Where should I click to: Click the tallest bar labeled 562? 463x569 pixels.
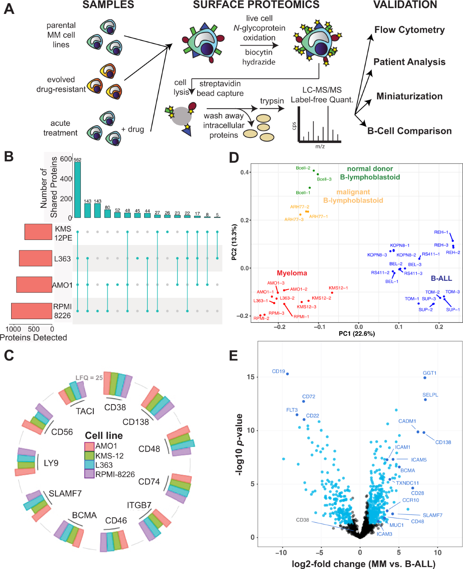[78, 189]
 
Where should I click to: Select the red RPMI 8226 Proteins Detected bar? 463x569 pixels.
[32, 311]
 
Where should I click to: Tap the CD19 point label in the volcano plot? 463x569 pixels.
[278, 372]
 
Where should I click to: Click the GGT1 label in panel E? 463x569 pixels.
[429, 373]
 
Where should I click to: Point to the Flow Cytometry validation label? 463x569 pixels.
[409, 30]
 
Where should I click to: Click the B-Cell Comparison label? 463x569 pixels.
[409, 131]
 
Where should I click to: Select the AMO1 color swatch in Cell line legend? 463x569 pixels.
[90, 447]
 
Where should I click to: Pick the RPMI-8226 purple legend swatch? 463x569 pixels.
[90, 474]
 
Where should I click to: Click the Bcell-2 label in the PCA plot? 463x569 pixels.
[303, 168]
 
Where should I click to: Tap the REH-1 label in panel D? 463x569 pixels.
[441, 232]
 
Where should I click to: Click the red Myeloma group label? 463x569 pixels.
[292, 273]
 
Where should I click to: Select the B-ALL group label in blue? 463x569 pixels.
[441, 279]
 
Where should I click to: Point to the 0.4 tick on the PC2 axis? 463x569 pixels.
[245, 172]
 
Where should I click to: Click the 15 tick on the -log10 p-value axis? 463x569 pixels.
[251, 377]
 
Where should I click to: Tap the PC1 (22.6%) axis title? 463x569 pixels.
[357, 334]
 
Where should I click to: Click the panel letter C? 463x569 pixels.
[9, 355]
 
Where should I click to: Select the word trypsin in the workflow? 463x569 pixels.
[272, 101]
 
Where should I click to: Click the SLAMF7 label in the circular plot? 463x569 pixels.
[65, 493]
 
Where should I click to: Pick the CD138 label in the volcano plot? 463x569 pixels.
[443, 442]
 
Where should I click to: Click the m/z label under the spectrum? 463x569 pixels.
[320, 147]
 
